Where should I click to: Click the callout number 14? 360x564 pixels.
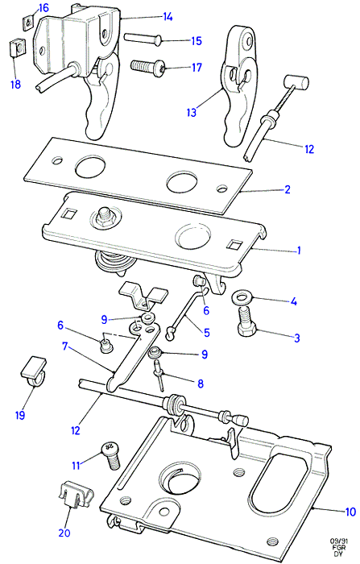pos(168,17)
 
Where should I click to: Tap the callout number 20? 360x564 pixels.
pos(64,533)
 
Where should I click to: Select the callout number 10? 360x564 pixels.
pos(350,512)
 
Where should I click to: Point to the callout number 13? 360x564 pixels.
pos(192,112)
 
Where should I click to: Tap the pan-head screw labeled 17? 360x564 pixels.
pos(148,67)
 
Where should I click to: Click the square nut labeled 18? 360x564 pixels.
pos(14,48)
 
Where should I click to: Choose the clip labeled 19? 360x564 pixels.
pos(34,372)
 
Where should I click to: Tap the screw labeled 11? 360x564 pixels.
pos(111,455)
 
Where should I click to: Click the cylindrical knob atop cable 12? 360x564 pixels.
pos(296,83)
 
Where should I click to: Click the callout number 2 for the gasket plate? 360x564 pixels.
pos(287,189)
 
